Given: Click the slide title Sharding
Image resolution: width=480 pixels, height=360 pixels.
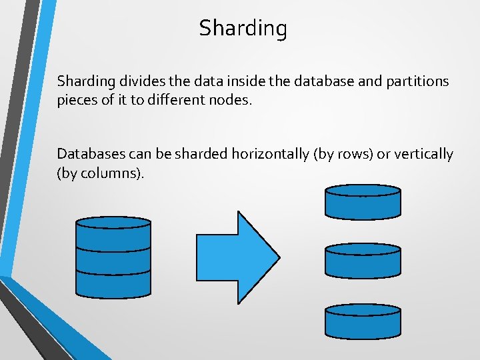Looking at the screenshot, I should tap(243, 29).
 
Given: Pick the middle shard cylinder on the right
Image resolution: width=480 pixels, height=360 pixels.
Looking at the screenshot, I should tap(363, 260).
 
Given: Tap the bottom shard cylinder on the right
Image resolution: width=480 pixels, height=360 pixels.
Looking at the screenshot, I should tap(363, 321).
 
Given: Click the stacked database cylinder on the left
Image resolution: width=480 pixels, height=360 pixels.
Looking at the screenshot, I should tap(113, 257).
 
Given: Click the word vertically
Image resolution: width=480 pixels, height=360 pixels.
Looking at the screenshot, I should tap(423, 155).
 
